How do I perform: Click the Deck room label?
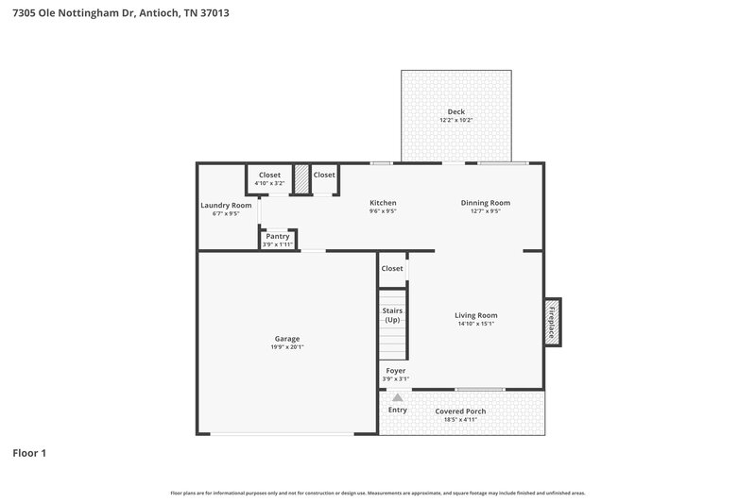[456, 111]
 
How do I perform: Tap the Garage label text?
[287, 338]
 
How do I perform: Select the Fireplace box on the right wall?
[552, 320]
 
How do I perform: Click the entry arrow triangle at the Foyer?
[398, 397]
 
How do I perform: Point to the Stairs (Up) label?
[392, 314]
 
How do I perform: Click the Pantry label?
[278, 236]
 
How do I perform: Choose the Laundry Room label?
[226, 205]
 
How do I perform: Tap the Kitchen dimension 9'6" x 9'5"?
[383, 211]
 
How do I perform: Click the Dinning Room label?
[486, 202]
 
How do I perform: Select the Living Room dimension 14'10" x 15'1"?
[475, 324]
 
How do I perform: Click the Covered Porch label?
[460, 411]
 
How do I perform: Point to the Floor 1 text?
[29, 453]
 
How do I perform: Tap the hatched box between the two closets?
[302, 179]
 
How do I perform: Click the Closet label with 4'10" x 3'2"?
[270, 175]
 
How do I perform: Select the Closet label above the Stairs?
[392, 268]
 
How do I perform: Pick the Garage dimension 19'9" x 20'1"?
[287, 346]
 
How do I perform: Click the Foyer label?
[396, 371]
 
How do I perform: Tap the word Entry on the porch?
[398, 410]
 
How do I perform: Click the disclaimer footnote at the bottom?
[378, 493]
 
